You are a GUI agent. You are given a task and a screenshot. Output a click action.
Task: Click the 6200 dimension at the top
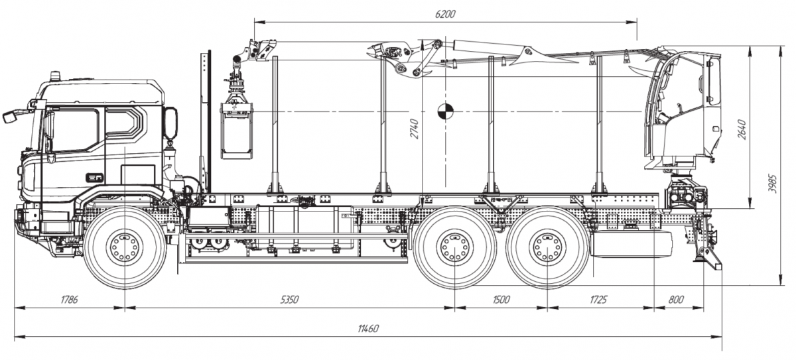click(x=445, y=14)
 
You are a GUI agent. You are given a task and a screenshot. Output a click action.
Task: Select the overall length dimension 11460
click(x=368, y=329)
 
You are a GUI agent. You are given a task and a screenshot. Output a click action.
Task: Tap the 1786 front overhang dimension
click(x=69, y=300)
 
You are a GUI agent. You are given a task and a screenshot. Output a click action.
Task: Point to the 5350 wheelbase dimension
click(x=290, y=300)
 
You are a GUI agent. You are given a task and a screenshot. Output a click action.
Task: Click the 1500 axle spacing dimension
click(x=501, y=300)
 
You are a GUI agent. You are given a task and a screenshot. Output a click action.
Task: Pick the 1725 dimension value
click(x=598, y=300)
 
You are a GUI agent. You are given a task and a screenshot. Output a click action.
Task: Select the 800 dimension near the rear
click(x=676, y=300)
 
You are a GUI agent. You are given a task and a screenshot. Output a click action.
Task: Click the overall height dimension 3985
click(x=773, y=184)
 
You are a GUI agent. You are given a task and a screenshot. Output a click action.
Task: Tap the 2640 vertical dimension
click(x=742, y=129)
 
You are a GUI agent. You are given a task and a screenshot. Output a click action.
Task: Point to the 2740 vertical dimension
click(x=415, y=129)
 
